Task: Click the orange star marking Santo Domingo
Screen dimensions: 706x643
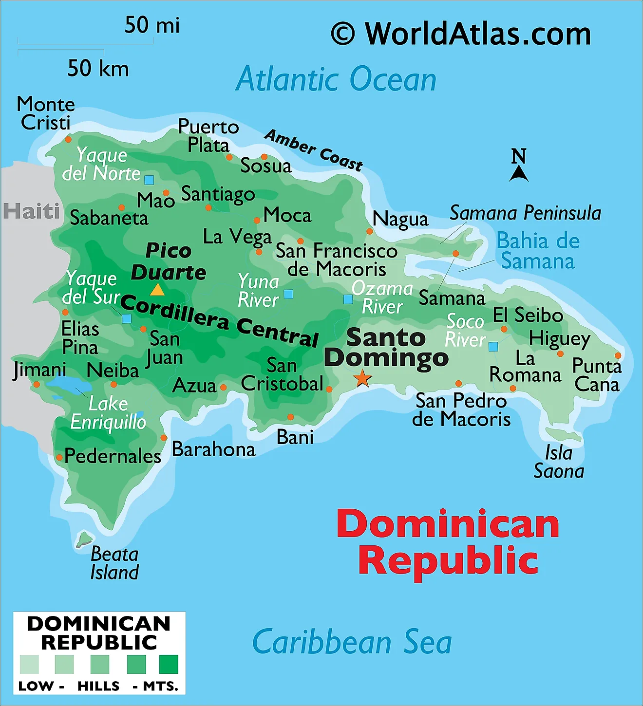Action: [362, 378]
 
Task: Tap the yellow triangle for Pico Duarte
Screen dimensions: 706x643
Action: [157, 290]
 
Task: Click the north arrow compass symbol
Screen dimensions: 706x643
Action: [519, 166]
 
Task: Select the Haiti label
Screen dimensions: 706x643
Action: [31, 211]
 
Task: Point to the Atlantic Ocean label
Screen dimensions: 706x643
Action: [336, 79]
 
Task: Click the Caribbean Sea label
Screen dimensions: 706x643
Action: [352, 642]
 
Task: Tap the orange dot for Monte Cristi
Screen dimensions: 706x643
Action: [68, 140]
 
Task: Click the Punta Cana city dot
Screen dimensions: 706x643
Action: [618, 355]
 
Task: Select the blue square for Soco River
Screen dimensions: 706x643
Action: [493, 347]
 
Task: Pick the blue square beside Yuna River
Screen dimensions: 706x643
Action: [288, 294]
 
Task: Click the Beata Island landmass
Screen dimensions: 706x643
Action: [84, 539]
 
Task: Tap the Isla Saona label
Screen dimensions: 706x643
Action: [559, 462]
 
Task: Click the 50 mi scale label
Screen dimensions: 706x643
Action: [152, 25]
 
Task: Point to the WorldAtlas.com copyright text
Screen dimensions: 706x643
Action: [461, 34]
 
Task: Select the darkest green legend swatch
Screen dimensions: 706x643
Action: [169, 664]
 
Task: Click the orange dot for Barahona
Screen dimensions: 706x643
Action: [164, 438]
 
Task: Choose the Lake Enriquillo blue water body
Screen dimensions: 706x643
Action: [63, 384]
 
